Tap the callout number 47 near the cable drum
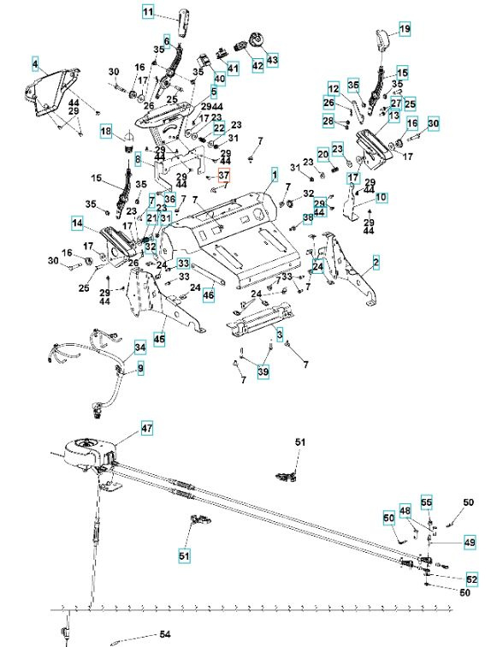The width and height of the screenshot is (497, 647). pos(146,427)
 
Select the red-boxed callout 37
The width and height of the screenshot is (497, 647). pos(223,176)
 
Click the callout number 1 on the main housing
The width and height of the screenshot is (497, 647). pos(275,175)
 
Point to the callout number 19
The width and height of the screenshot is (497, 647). pos(405,29)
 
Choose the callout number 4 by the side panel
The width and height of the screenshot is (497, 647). pos(35,64)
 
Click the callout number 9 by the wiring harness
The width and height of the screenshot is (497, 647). pos(140,368)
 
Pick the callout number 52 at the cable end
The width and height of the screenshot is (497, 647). pos(472,579)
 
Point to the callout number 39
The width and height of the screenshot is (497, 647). pos(263,371)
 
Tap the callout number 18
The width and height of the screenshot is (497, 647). pos(105,132)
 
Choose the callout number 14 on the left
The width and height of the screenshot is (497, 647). pos(78,224)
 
